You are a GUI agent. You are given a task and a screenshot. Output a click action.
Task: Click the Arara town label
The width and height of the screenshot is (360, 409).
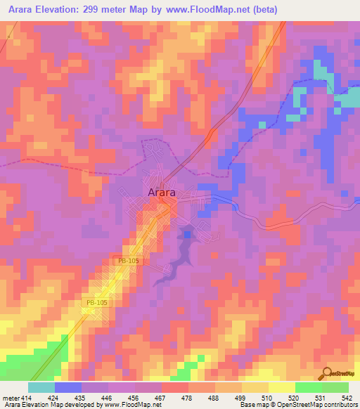pyautogui.click(x=161, y=192)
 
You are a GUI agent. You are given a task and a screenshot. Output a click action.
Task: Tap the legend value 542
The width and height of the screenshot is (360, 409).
pyautogui.click(x=348, y=397)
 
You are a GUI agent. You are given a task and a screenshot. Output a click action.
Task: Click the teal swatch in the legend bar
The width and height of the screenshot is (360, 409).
pyautogui.click(x=41, y=387)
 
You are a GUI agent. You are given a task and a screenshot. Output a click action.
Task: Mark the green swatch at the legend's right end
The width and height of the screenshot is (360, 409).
pyautogui.click(x=335, y=387)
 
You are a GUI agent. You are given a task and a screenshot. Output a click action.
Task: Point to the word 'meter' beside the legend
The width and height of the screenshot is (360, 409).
pyautogui.click(x=11, y=397)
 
